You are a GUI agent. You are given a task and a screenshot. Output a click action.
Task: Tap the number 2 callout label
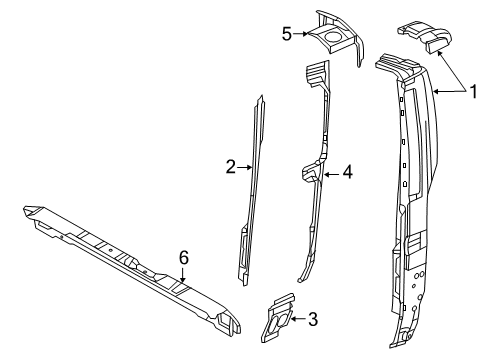pyautogui.click(x=229, y=167)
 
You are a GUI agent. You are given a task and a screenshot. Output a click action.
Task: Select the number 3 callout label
pyautogui.click(x=312, y=319)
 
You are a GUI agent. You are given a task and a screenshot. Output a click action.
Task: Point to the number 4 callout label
pyautogui.click(x=347, y=172)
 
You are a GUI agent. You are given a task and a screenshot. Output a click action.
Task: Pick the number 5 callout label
pyautogui.click(x=286, y=33)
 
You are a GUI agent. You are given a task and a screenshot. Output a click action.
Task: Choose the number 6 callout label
pyautogui.click(x=183, y=257)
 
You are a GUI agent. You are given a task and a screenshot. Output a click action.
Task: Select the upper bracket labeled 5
pyautogui.click(x=336, y=38)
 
